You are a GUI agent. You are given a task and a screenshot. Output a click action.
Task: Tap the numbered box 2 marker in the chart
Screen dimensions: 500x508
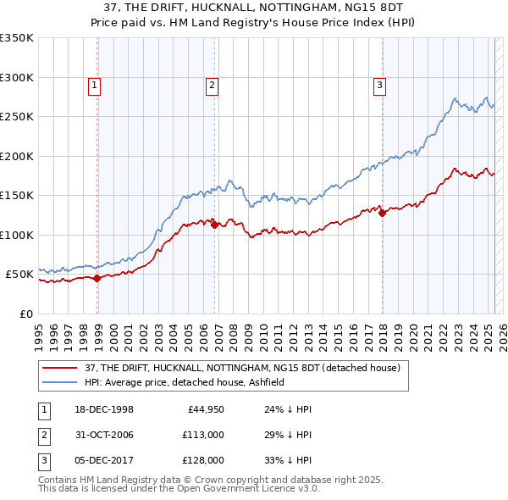(x=212, y=85)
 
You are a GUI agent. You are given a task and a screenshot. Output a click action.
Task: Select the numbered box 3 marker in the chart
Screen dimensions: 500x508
(x=380, y=85)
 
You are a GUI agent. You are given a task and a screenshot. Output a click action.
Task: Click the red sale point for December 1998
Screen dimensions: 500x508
(x=97, y=278)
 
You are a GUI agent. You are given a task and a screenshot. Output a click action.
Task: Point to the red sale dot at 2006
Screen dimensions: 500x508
(x=215, y=225)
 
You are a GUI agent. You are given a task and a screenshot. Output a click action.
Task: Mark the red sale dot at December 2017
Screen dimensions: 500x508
(x=382, y=213)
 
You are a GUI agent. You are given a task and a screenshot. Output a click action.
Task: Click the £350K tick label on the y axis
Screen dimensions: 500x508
(x=17, y=38)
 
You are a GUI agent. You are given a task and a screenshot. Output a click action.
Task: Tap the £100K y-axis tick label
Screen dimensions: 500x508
(x=17, y=235)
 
